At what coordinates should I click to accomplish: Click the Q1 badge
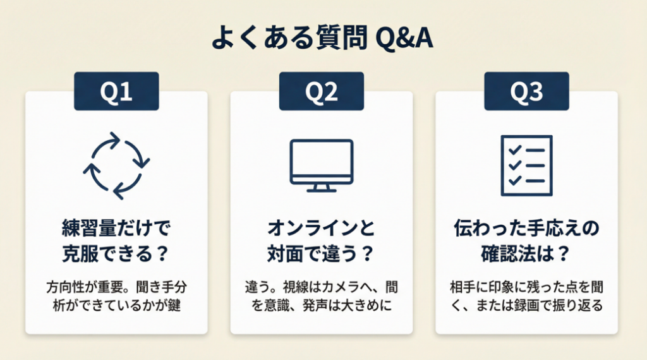pyautogui.click(x=116, y=91)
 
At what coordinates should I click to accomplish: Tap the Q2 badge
pyautogui.click(x=322, y=91)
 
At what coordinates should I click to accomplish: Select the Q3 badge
pyautogui.click(x=526, y=91)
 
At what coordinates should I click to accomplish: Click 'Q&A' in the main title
pyautogui.click(x=404, y=38)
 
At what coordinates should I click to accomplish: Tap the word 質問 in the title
pyautogui.click(x=342, y=38)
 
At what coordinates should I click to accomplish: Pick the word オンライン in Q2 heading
pyautogui.click(x=314, y=228)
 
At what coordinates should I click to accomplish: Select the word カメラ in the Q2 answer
pyautogui.click(x=337, y=287)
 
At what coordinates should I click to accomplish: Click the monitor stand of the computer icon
pyautogui.click(x=322, y=188)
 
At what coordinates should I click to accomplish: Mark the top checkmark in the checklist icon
pyautogui.click(x=514, y=150)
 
